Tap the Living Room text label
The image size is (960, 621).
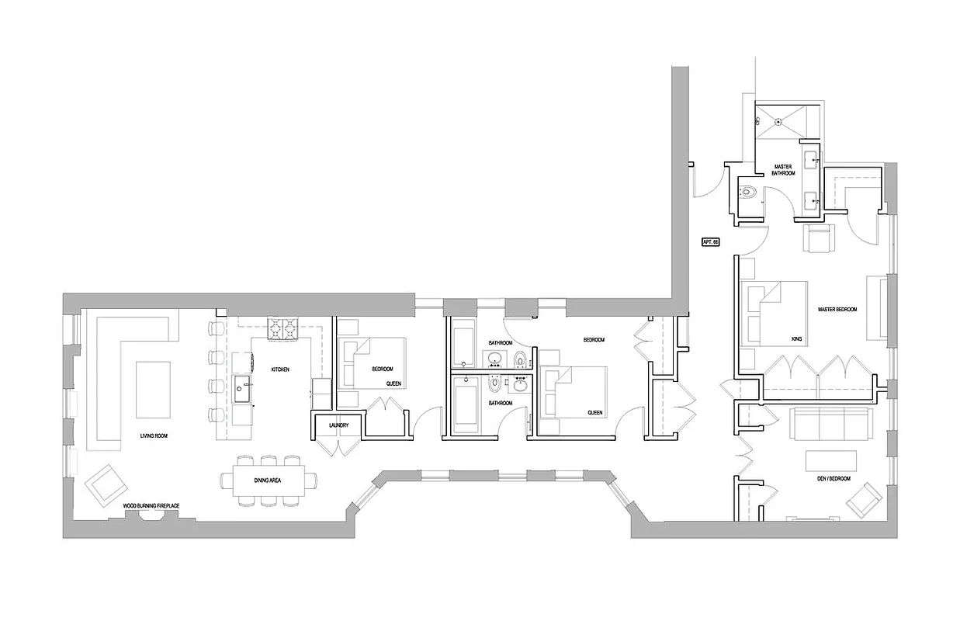coord(154,436)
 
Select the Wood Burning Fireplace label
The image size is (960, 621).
coord(151,505)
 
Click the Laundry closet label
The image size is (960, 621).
coord(338,425)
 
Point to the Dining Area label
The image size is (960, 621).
coord(267,481)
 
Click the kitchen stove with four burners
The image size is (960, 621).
coord(282,328)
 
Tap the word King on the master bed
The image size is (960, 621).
coord(795,339)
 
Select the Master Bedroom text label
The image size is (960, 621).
coord(837,310)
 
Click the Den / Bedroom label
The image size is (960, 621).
coord(834,479)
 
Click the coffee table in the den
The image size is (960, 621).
coord(832,460)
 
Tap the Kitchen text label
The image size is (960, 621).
coord(280,369)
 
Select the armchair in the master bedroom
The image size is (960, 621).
coord(820,238)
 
